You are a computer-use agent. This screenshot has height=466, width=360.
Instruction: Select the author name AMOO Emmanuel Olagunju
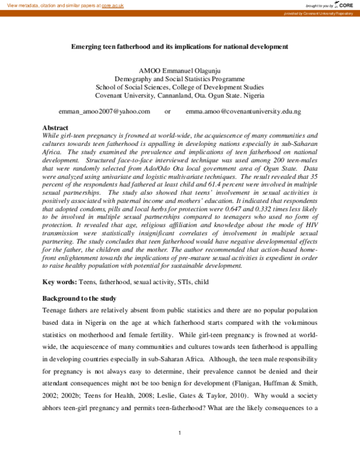point(180,70)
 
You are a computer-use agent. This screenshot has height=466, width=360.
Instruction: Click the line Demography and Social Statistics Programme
point(180,79)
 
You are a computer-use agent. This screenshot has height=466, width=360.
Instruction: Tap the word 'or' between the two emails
point(167,112)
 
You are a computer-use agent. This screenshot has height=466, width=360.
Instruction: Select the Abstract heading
point(55,128)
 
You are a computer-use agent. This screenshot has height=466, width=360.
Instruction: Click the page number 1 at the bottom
point(180,433)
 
